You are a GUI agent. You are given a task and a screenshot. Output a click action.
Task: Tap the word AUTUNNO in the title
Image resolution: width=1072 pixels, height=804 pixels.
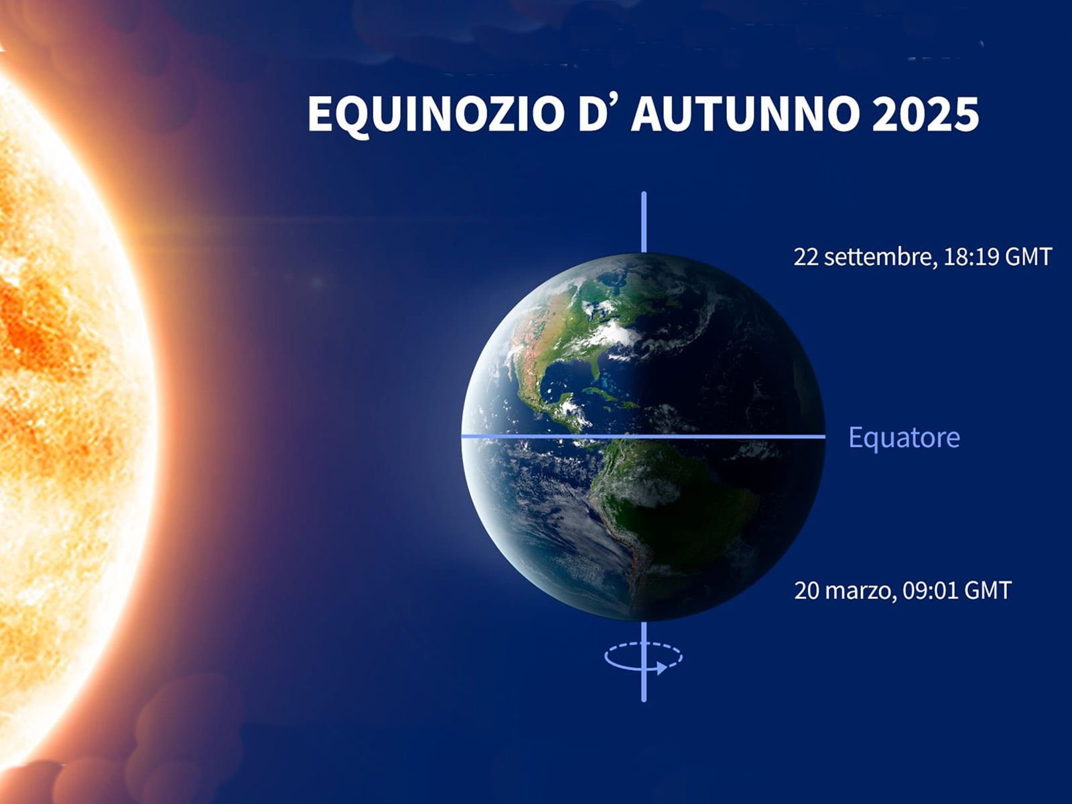(745, 114)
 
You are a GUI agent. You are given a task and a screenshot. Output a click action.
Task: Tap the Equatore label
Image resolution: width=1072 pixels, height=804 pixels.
(904, 438)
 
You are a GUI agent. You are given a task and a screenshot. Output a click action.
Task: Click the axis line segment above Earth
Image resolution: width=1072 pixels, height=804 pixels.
(644, 222)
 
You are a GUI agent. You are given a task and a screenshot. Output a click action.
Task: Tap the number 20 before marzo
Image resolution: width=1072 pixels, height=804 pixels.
(807, 591)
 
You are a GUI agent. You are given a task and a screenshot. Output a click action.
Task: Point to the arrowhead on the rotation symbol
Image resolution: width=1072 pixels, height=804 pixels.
(662, 668)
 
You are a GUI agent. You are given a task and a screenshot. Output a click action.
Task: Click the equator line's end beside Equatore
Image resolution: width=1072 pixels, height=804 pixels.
(825, 436)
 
